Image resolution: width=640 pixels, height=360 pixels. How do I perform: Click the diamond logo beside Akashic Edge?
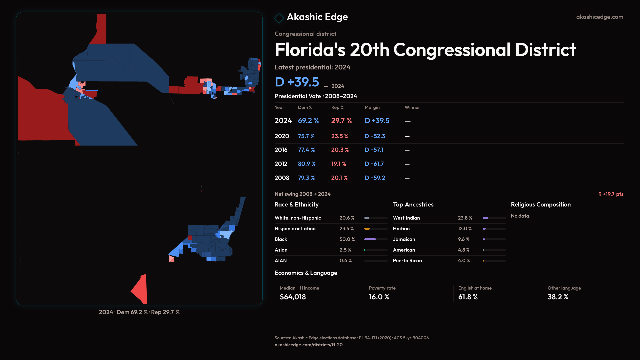[x=279, y=18]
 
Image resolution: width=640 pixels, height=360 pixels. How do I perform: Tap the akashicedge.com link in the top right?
[x=599, y=17]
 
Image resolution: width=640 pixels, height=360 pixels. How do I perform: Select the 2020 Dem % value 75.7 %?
[x=306, y=136]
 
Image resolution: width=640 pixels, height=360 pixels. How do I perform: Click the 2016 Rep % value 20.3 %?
[x=340, y=150]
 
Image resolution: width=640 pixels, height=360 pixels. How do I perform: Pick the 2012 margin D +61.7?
[x=374, y=164]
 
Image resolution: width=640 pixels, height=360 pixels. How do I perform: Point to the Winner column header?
[x=412, y=107]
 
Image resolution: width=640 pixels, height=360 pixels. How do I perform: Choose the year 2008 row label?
[x=282, y=178]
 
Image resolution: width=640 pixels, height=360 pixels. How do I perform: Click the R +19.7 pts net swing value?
[x=611, y=194]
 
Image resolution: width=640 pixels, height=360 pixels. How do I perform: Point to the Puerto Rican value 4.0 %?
[x=464, y=261]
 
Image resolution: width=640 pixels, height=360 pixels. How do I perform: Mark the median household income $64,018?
[x=293, y=297]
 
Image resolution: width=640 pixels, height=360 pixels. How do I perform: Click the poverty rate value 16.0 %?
[x=379, y=297]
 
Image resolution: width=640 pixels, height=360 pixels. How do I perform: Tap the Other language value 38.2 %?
[x=558, y=297]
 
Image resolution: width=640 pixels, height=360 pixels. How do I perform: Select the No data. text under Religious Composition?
[x=520, y=216]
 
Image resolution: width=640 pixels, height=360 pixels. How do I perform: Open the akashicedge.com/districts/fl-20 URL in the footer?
[x=308, y=345]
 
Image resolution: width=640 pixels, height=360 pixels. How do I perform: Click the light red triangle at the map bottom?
[x=141, y=289]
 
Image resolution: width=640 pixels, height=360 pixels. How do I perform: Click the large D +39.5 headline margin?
[x=297, y=82]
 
